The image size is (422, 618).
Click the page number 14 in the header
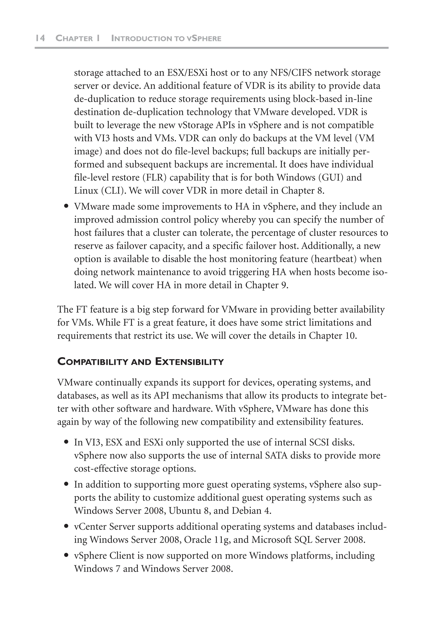click(x=40, y=38)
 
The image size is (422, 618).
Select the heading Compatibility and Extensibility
click(x=140, y=362)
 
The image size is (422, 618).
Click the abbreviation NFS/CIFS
click(x=291, y=73)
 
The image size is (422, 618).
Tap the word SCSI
click(x=319, y=442)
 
